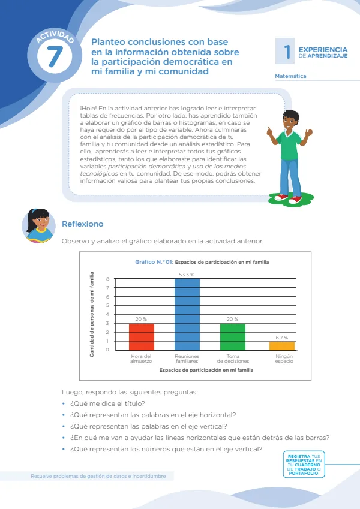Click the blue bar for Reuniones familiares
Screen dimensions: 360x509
tap(187, 314)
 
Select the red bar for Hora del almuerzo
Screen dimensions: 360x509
tap(142, 336)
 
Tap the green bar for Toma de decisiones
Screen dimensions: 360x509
tap(233, 336)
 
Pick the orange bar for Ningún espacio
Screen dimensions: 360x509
tap(282, 346)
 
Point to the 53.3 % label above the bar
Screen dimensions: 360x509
tap(187, 275)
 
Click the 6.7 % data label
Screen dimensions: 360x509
tap(281, 338)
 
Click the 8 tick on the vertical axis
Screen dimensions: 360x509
tap(107, 279)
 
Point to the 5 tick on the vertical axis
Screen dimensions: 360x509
tap(107, 306)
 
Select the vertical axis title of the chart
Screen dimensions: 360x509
tap(92, 315)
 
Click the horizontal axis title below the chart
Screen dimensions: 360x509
tap(206, 370)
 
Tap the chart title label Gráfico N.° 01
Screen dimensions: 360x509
tap(154, 262)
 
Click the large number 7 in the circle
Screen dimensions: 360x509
tap(55, 56)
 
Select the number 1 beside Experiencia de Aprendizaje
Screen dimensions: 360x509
tap(287, 52)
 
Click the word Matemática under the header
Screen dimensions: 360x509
tap(290, 76)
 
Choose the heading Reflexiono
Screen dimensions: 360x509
tap(83, 224)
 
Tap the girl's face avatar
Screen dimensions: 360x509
tap(38, 225)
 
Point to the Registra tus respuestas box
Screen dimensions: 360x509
tap(304, 465)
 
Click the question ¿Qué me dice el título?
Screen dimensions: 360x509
tap(107, 403)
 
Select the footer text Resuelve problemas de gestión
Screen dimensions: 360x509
tap(98, 476)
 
